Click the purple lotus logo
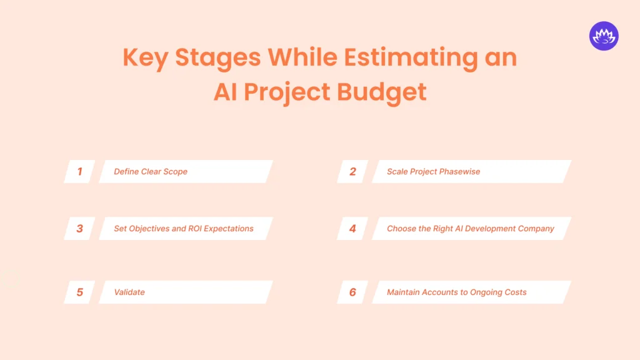point(603,36)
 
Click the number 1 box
point(79,171)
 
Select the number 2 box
point(352,171)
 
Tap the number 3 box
point(79,229)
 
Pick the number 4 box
point(352,229)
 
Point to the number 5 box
point(79,292)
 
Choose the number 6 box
point(352,292)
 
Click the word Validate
point(129,292)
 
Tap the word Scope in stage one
point(176,171)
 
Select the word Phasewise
point(459,171)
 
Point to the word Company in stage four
point(532,229)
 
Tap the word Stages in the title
point(217,58)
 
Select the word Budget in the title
point(381,92)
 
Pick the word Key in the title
point(145,58)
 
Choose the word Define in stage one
point(126,171)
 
